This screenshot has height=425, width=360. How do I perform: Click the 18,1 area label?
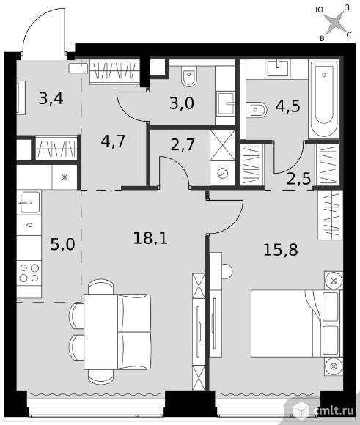150,238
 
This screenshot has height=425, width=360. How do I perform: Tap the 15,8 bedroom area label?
281,250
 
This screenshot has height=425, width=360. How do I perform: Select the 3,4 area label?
51,98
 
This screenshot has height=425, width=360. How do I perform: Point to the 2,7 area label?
183,144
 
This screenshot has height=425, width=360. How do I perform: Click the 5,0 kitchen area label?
62,244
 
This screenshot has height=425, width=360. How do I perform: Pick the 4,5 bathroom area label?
288,106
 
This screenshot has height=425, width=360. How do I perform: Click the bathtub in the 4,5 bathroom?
324,99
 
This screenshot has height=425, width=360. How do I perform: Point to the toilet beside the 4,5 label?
257,110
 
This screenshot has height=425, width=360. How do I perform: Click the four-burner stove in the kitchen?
29,273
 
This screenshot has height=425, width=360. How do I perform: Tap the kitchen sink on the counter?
29,202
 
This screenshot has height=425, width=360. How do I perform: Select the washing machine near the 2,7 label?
222,173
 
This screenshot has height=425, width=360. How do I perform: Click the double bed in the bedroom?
295,323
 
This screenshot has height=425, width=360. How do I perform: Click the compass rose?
336,23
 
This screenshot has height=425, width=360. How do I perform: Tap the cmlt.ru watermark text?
334,410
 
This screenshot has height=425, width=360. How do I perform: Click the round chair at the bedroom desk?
227,270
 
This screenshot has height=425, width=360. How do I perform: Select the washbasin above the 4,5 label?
278,68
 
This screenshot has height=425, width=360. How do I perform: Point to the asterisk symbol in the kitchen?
65,177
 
